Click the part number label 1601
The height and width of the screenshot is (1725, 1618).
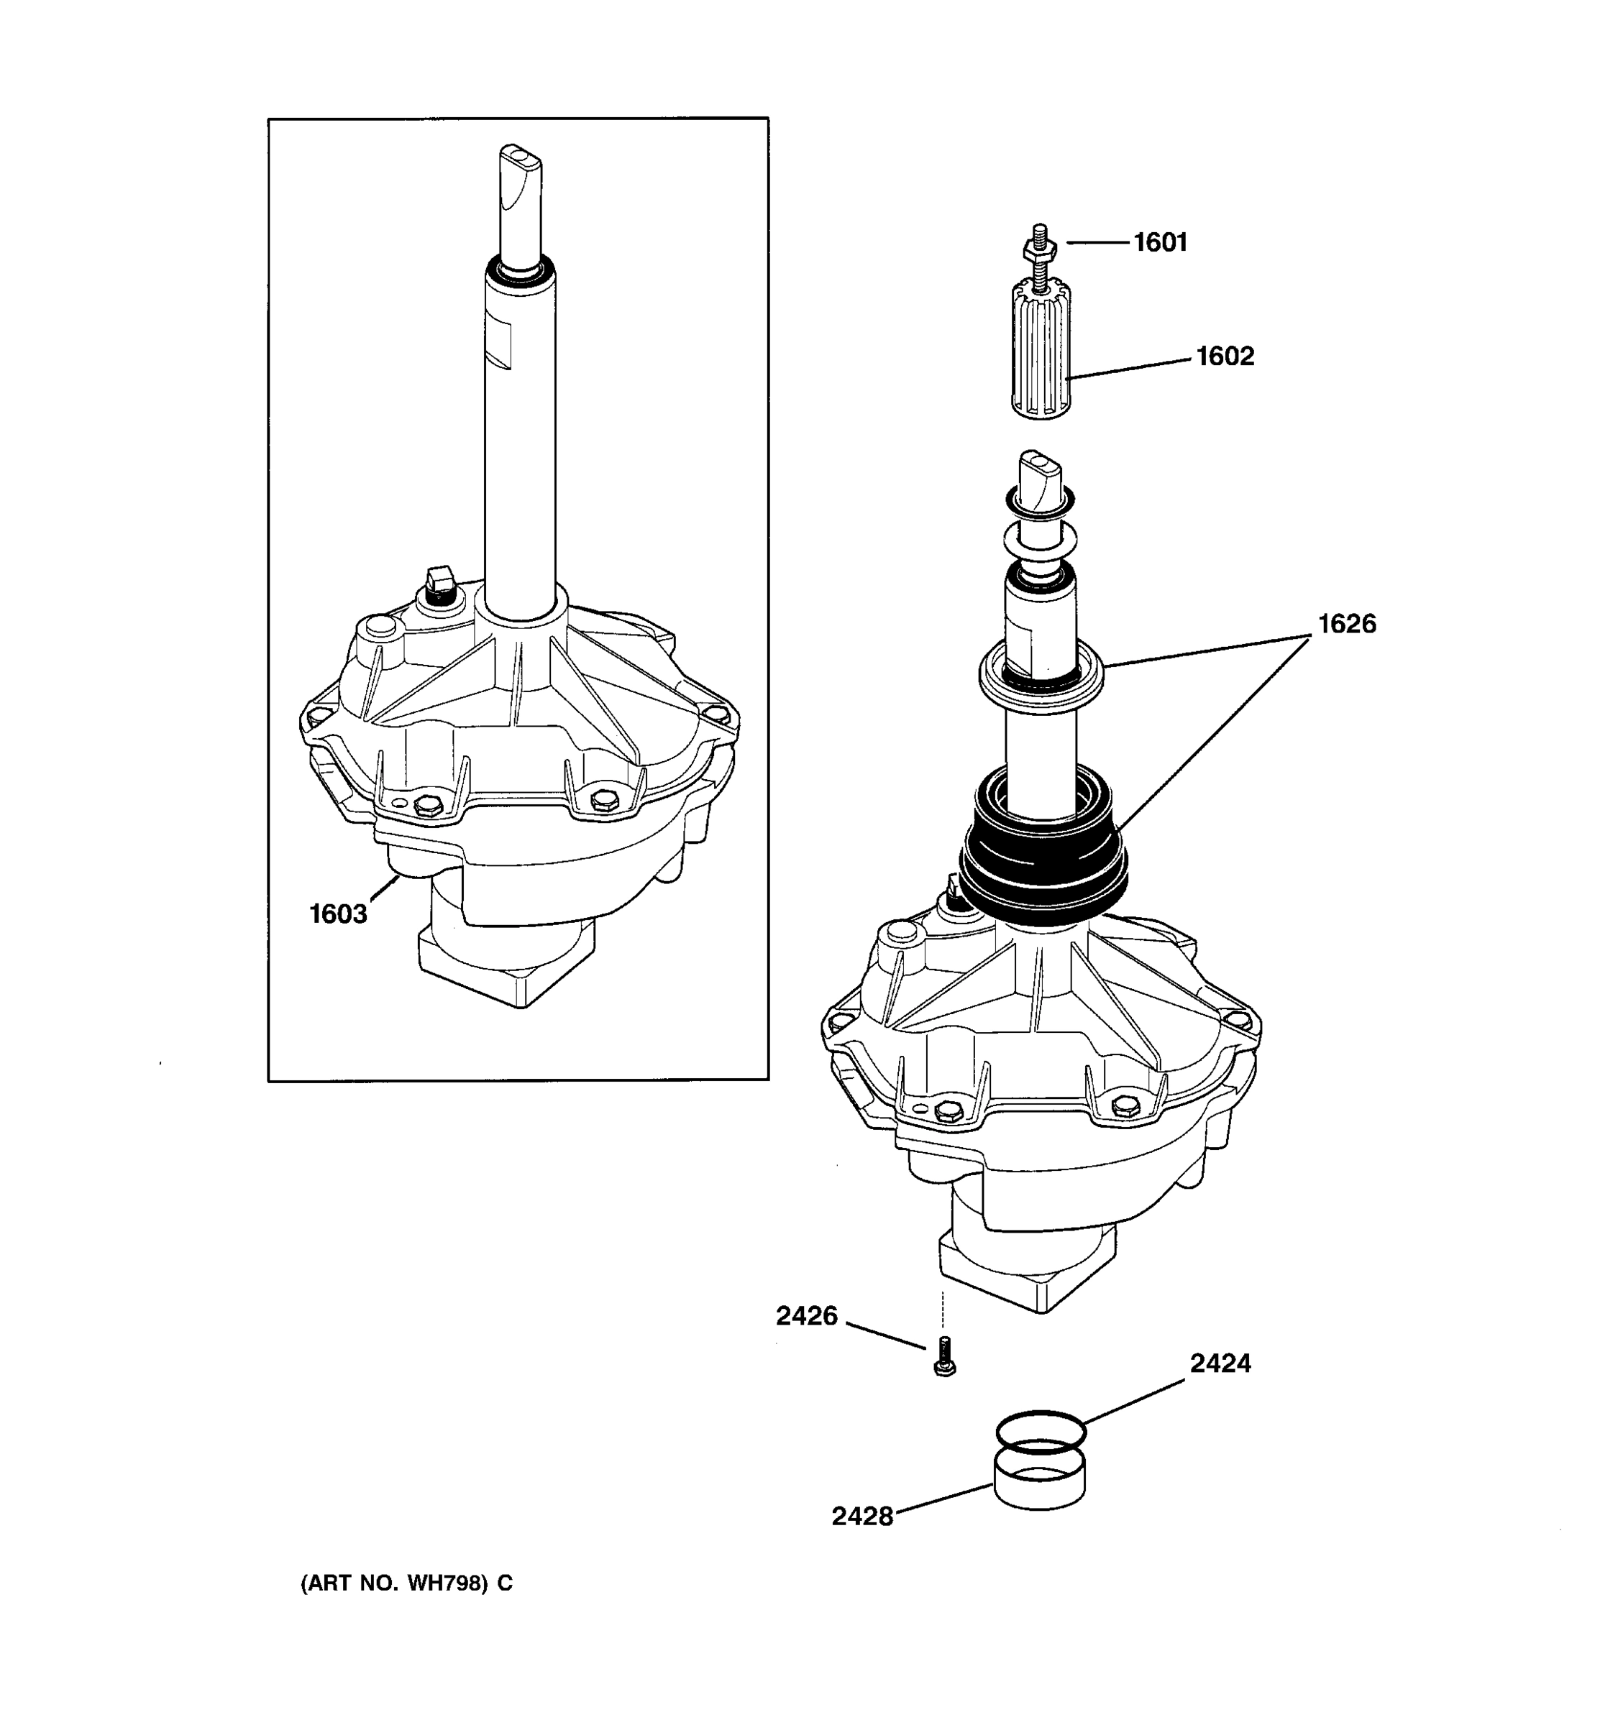[1160, 242]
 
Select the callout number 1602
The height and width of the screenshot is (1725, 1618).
[1224, 356]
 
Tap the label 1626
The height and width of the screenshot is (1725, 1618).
[1345, 624]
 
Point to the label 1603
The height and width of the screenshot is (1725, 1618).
[338, 914]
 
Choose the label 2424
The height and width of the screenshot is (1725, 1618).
[1220, 1363]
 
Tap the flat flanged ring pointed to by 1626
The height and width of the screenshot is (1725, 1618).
[1040, 679]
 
